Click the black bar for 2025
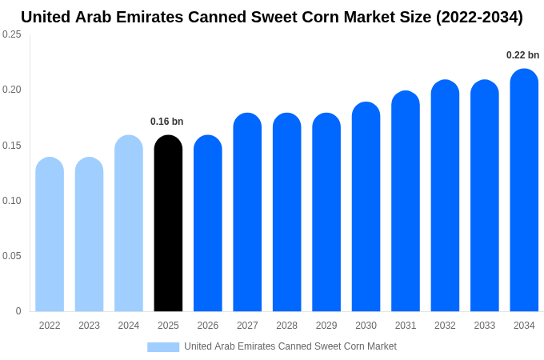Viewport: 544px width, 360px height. [168, 224]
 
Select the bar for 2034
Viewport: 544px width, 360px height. [524, 192]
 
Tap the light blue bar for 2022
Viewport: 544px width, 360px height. [50, 235]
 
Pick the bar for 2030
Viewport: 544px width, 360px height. [366, 208]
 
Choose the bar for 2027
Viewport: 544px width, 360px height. [247, 213]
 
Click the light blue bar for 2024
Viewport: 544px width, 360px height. [129, 224]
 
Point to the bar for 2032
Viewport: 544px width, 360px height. [445, 197]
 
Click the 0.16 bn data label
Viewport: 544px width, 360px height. [166, 122]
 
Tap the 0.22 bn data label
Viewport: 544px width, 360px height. [522, 55]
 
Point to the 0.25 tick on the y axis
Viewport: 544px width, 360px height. [12, 34]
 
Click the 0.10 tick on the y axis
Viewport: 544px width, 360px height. [12, 201]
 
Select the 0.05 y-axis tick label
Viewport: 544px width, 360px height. [12, 256]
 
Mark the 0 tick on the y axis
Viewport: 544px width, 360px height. [18, 311]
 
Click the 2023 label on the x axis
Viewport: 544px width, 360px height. [89, 326]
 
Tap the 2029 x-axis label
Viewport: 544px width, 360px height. [326, 326]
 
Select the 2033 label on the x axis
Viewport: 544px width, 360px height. [484, 326]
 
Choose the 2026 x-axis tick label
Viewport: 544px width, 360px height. [208, 326]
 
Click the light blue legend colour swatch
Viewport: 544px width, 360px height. [163, 347]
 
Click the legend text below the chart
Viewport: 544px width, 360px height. [290, 346]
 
